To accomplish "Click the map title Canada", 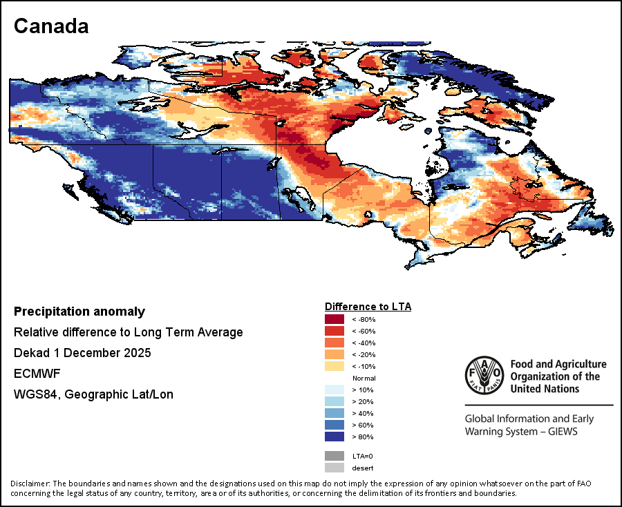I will (x=51, y=26).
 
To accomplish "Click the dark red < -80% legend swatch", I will (x=334, y=319).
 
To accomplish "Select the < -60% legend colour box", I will (x=334, y=331).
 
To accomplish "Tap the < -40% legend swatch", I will (x=334, y=343).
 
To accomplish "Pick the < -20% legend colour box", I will (x=334, y=354).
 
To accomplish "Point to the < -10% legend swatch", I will (x=334, y=366).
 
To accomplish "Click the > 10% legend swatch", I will (x=334, y=390).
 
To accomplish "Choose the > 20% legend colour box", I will (x=334, y=401).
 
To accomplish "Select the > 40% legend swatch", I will (x=334, y=413).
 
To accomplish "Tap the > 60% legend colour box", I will (x=334, y=425).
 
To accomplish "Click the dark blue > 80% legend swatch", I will (x=334, y=437).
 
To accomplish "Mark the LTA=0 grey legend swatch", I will (x=334, y=456).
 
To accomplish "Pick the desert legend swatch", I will (x=334, y=468).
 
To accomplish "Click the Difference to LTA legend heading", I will (x=368, y=306).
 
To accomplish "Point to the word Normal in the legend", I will (x=364, y=378).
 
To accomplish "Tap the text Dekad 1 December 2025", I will (x=82, y=353).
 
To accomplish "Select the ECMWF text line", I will (x=32, y=374).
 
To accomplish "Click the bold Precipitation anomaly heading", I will (x=79, y=312).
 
